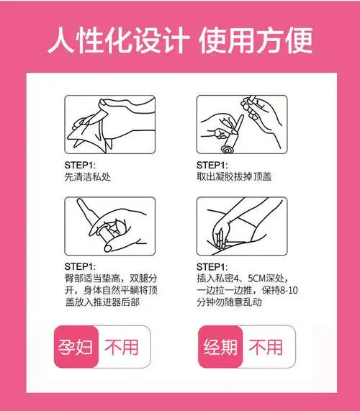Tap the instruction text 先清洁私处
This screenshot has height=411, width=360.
(87, 177)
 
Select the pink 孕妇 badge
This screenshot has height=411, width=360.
(76, 347)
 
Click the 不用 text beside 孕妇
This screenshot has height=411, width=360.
(122, 347)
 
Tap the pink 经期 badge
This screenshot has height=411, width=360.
(220, 347)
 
